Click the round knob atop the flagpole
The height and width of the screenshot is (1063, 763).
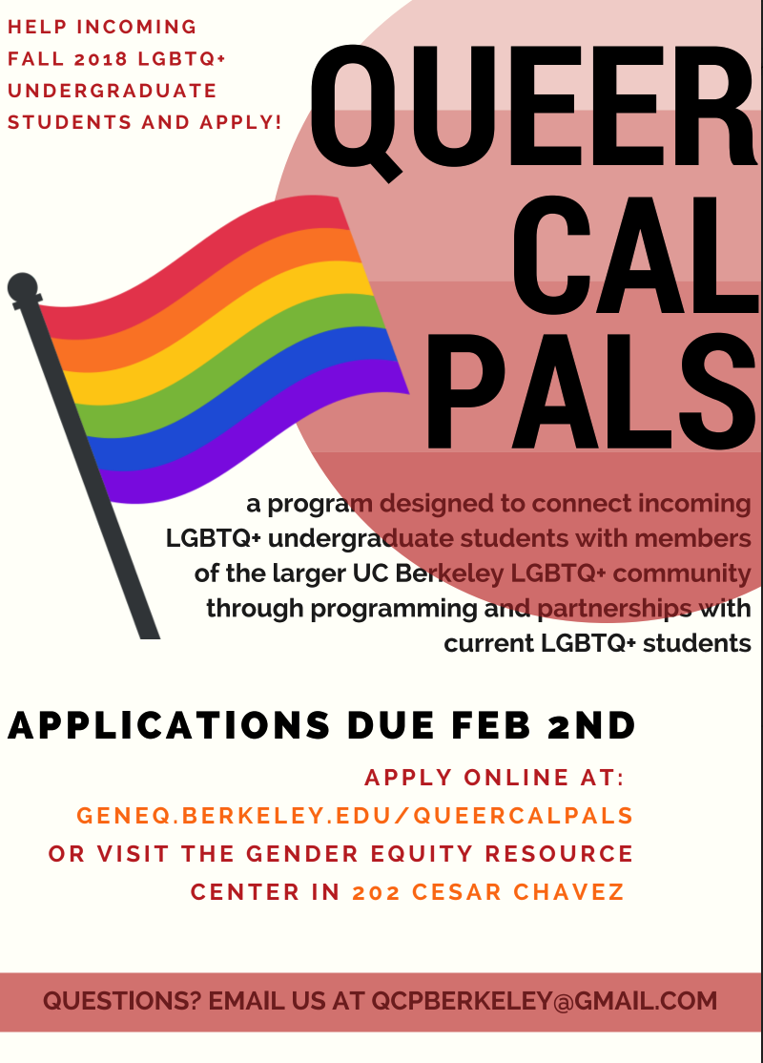(x=22, y=286)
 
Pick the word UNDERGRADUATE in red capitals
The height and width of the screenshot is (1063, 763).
(x=113, y=91)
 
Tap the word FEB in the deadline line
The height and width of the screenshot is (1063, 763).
(x=491, y=725)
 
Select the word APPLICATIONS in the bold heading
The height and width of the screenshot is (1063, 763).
(x=170, y=725)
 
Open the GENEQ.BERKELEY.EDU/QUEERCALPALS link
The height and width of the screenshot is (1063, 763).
(x=355, y=815)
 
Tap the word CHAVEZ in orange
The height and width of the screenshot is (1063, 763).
(x=568, y=892)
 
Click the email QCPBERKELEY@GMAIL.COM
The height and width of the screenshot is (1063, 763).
(x=545, y=1001)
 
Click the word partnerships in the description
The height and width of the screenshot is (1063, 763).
(x=614, y=609)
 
